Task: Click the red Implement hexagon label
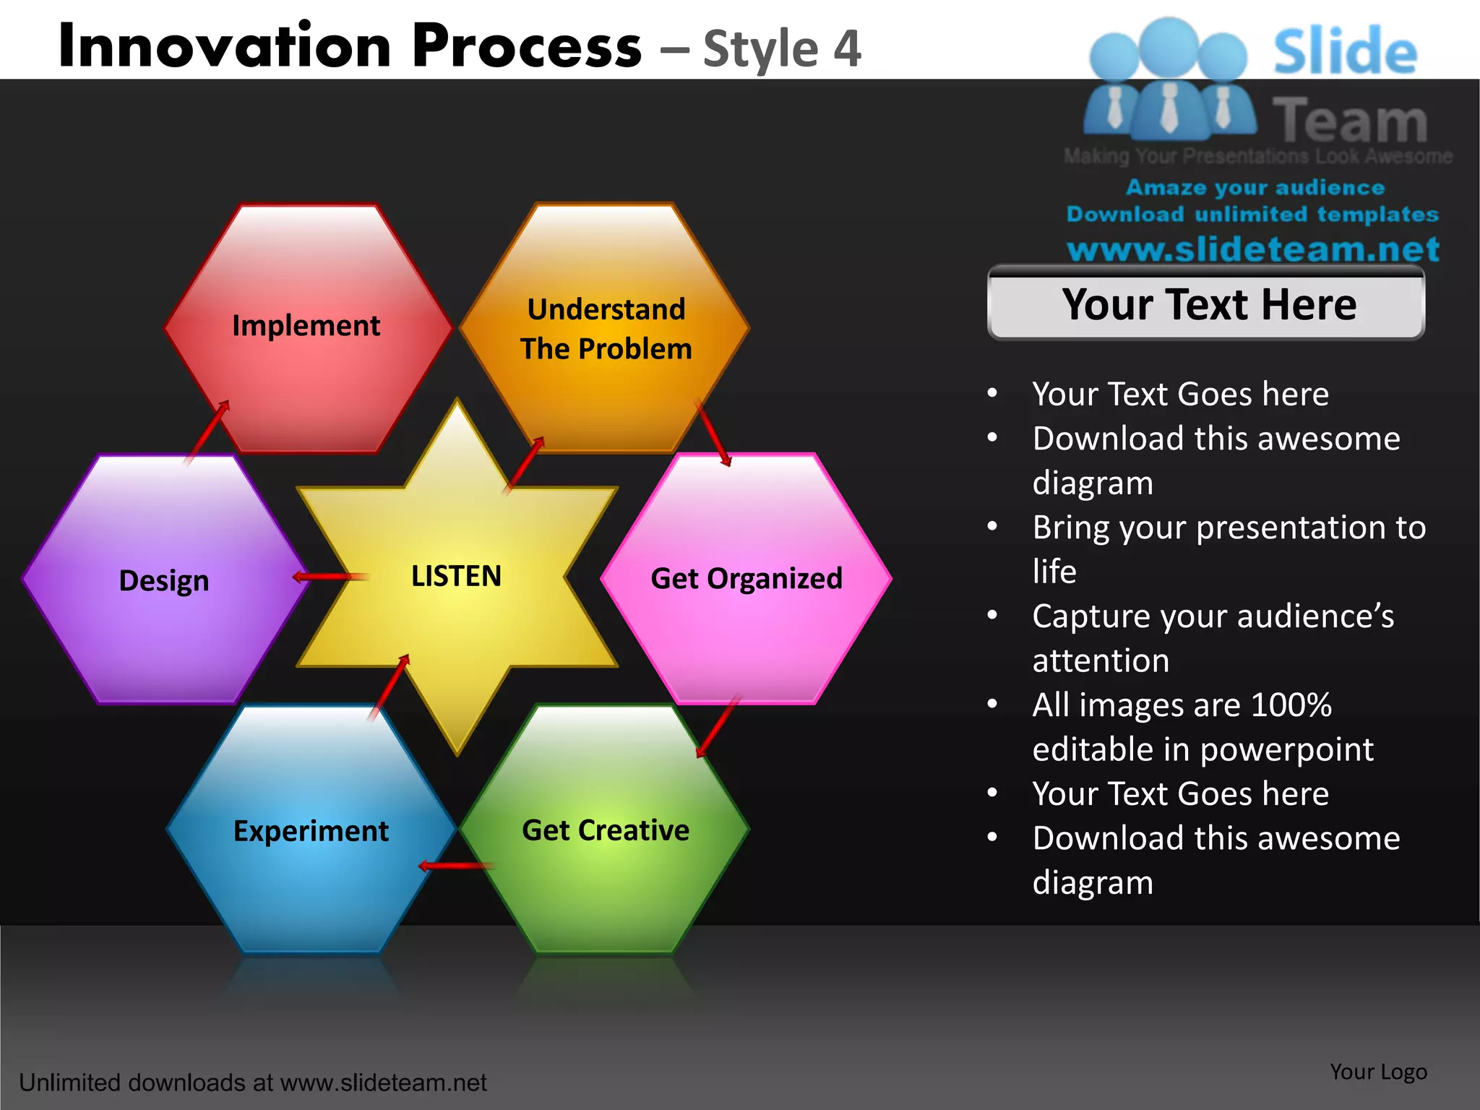(x=306, y=326)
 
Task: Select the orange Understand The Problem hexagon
(x=606, y=330)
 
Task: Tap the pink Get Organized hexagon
(x=747, y=579)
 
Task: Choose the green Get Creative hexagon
(x=606, y=830)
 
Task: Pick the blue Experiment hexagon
(x=311, y=831)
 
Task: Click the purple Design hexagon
(x=164, y=581)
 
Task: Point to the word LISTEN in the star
(x=456, y=577)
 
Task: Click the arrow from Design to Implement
(x=207, y=431)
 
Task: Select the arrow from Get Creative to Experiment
(x=456, y=865)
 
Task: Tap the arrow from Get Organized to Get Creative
(x=718, y=726)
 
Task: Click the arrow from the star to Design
(x=331, y=577)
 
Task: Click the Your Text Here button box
(x=1205, y=304)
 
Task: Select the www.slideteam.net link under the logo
(x=1252, y=249)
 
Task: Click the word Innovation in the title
(x=225, y=46)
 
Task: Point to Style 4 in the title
(x=782, y=49)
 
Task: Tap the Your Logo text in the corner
(x=1378, y=1072)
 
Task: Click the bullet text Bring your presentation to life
(x=1228, y=549)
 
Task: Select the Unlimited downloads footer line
(x=252, y=1083)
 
